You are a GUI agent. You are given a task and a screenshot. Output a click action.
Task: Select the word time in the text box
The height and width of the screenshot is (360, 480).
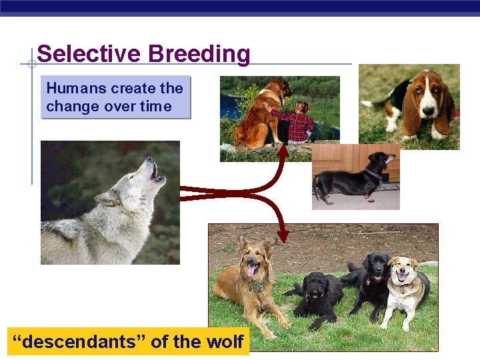(155, 107)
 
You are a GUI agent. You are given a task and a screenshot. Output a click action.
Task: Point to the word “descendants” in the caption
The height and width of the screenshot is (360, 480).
(79, 342)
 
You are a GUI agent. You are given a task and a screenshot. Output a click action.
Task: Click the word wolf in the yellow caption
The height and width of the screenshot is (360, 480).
(227, 342)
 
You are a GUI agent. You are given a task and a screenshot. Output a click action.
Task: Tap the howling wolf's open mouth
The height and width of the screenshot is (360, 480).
(154, 171)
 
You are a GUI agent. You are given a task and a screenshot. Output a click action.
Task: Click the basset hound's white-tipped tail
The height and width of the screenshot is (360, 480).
(366, 103)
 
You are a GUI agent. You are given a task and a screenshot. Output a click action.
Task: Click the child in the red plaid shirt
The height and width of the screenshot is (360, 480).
(301, 123)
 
